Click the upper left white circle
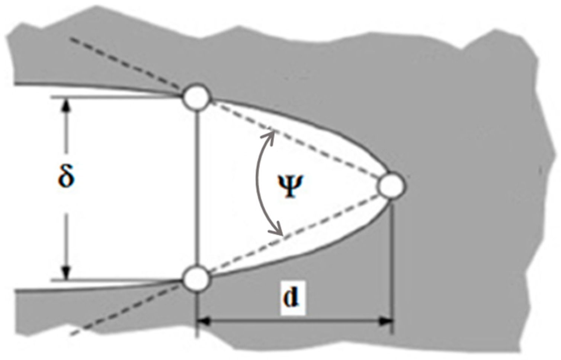click(x=197, y=98)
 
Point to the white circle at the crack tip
click(x=391, y=186)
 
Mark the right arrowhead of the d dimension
click(x=385, y=321)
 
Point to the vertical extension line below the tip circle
click(x=392, y=261)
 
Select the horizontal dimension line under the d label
click(x=294, y=321)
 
